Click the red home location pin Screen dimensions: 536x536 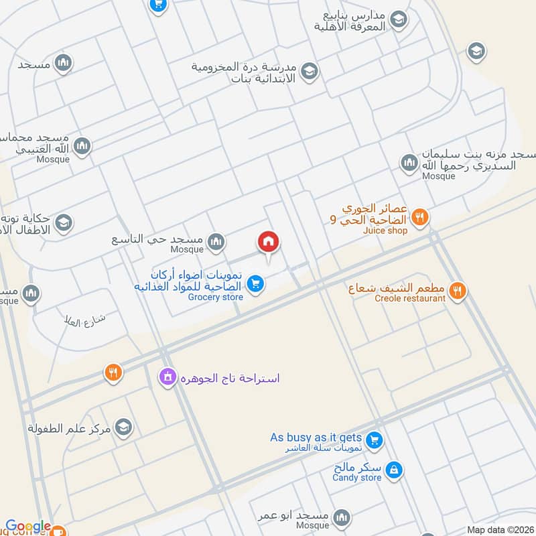click(269, 242)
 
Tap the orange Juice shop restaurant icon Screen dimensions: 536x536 click(420, 216)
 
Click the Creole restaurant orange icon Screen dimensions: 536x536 click(458, 290)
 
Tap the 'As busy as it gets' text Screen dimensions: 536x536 click(316, 438)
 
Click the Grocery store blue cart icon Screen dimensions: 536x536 click(254, 285)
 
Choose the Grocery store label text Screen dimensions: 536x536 click(215, 297)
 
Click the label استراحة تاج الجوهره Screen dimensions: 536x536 click(230, 379)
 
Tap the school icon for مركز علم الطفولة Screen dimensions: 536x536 click(123, 426)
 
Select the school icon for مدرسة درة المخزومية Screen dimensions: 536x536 click(309, 71)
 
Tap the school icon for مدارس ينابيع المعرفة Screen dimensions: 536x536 click(399, 20)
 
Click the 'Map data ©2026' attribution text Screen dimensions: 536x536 click(499, 530)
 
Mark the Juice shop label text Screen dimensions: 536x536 click(385, 231)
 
